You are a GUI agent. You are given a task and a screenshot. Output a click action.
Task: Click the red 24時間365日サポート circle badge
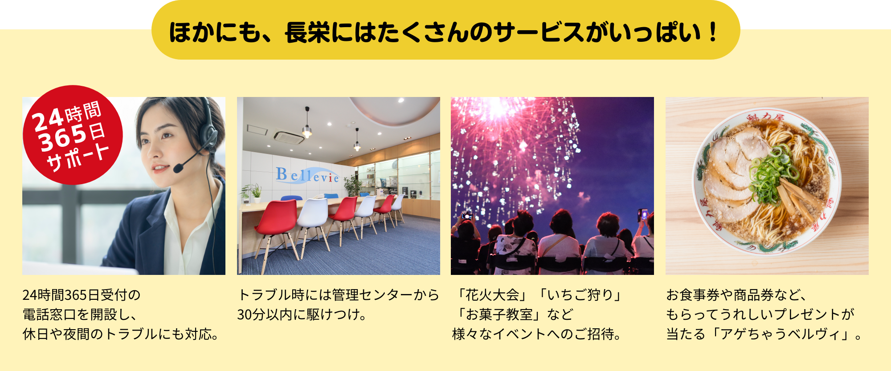(x=73, y=135)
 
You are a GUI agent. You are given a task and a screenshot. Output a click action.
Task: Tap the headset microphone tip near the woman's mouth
(x=178, y=168)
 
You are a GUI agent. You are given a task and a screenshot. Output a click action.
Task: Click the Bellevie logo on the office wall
(x=307, y=175)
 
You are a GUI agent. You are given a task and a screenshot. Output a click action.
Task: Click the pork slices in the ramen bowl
(x=731, y=173)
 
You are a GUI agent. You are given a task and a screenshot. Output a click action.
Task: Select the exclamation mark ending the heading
(x=713, y=32)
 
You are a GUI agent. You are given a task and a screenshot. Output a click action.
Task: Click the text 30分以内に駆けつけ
(x=298, y=315)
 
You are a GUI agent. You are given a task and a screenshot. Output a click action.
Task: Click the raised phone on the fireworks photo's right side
(x=644, y=215)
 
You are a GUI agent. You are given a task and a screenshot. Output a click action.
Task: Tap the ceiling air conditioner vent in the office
(x=289, y=136)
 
